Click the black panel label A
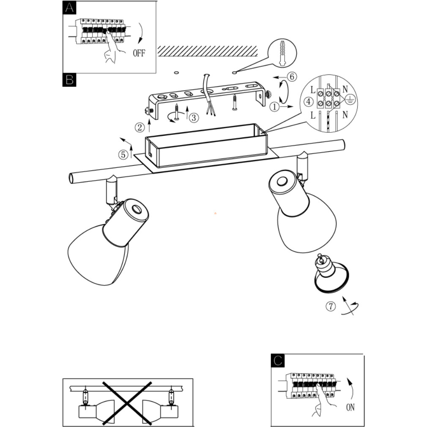coord(69,8)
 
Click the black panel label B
coord(69,79)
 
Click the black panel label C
coord(278,361)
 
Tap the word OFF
coord(139,53)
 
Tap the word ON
coord(350,407)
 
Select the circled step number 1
coord(275,107)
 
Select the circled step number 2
coord(140,126)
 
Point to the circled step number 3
coord(193,118)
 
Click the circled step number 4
coord(309,102)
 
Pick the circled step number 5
coord(123,155)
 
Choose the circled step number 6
coord(291,77)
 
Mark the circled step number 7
coord(331,307)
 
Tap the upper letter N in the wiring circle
coord(345,89)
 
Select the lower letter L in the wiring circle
coord(313,115)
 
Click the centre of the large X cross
coord(127,402)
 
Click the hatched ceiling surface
coord(207,51)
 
